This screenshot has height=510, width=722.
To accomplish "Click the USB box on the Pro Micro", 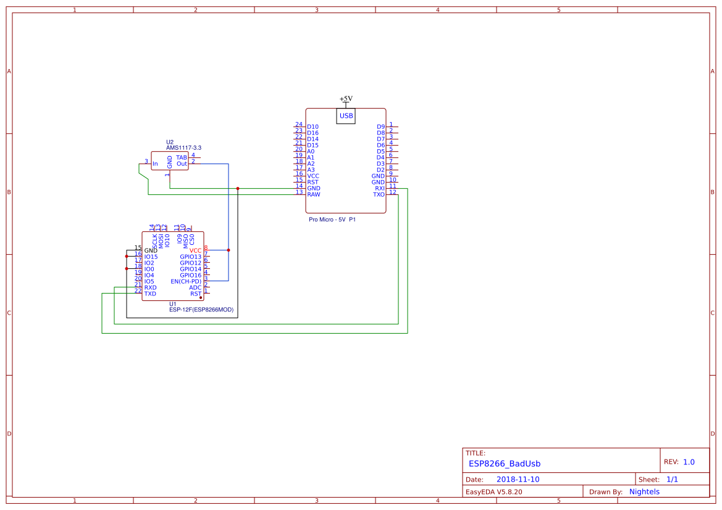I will click(x=346, y=115).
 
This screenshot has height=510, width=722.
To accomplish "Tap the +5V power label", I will click(x=346, y=99).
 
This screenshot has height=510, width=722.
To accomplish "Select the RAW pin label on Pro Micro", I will click(x=314, y=194).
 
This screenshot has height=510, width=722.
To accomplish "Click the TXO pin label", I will click(x=379, y=194).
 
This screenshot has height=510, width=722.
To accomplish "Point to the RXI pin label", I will click(x=379, y=188).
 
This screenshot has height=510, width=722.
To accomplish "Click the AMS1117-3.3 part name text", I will click(x=183, y=148).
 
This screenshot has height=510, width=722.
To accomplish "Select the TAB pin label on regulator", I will click(x=182, y=158).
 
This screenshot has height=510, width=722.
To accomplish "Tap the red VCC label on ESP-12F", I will click(x=195, y=250).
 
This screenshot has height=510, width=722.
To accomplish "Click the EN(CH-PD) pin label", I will click(x=186, y=281).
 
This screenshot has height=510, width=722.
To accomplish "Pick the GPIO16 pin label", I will click(x=190, y=275).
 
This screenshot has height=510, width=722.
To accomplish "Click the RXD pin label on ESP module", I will click(x=150, y=287).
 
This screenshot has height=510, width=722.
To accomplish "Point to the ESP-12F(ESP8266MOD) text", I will click(x=201, y=310).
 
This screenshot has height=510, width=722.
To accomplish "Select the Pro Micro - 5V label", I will click(x=327, y=219).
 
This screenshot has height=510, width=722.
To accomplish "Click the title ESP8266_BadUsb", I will click(x=505, y=463).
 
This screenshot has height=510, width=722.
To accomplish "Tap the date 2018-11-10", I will click(x=518, y=479).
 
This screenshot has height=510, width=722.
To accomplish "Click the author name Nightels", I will click(x=644, y=491).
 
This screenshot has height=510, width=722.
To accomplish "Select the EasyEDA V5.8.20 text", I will click(x=493, y=491).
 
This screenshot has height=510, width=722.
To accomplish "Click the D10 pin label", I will click(x=313, y=126).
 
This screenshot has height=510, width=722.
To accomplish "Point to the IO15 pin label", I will click(x=151, y=257).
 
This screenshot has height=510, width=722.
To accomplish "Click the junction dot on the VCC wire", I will click(x=229, y=250).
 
